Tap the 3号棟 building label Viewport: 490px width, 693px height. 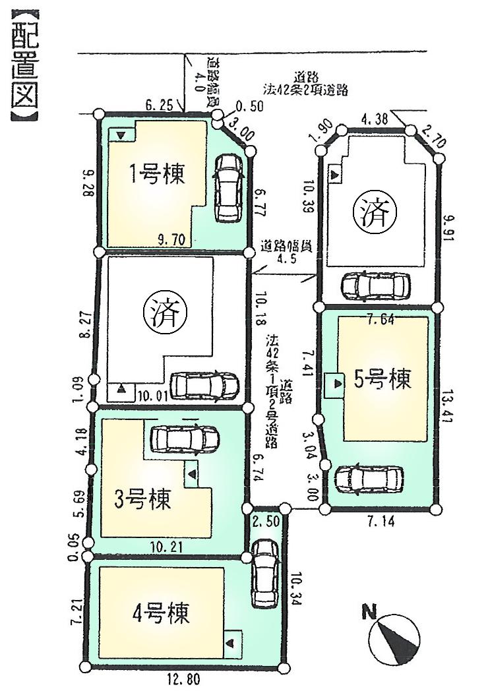[x=142, y=498]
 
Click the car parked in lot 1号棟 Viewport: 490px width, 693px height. [x=228, y=189]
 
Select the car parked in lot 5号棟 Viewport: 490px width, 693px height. [x=368, y=479]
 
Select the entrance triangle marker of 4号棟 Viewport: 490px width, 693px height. [x=231, y=642]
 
